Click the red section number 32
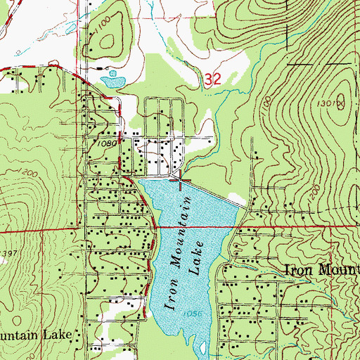click(215, 82)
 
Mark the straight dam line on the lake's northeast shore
click(214, 192)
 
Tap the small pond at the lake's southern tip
click(202, 348)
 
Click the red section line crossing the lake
click(190, 227)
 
